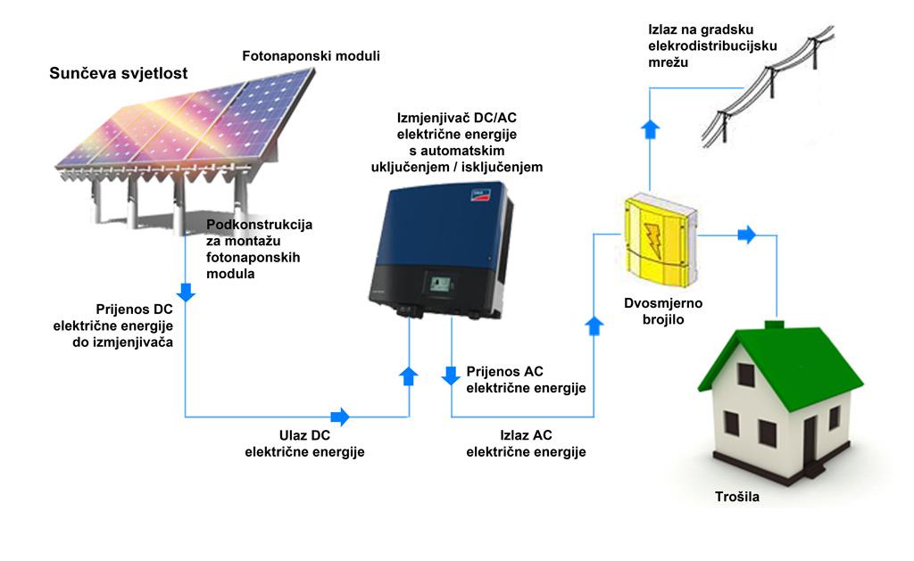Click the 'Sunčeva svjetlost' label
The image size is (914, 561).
point(118,73)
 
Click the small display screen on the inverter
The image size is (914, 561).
point(439,285)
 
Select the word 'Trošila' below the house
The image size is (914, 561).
point(737,496)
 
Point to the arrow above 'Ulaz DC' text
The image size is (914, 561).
point(340,417)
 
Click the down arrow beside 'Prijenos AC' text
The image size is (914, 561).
point(453,371)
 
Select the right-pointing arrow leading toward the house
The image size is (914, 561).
point(746,235)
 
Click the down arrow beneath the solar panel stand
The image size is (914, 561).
point(186,291)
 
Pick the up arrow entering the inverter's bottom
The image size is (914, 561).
point(409,375)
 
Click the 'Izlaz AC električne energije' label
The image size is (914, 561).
point(526,444)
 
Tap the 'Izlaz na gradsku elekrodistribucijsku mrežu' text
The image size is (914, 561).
point(714,45)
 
